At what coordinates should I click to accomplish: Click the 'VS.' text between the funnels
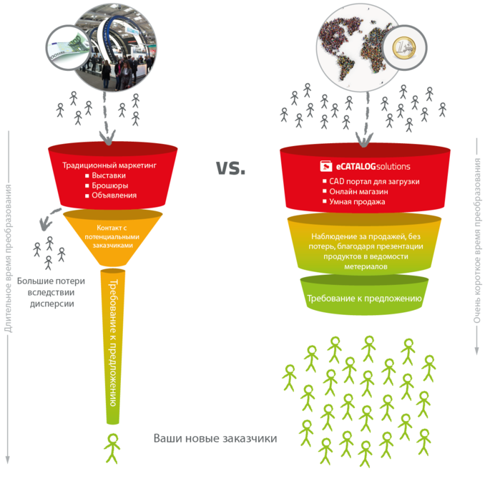(x=230, y=168)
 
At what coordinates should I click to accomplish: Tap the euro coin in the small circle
(x=404, y=47)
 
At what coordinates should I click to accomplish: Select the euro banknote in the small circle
(x=67, y=47)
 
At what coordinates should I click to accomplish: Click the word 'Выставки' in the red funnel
(x=109, y=175)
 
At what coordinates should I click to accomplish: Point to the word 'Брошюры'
(x=110, y=185)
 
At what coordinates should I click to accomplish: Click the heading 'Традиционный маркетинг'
(x=109, y=165)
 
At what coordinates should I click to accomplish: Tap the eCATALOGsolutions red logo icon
(x=325, y=166)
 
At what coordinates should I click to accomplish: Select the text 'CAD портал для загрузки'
(x=374, y=181)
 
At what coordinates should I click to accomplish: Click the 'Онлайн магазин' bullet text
(x=358, y=192)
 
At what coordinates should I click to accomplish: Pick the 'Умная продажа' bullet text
(x=357, y=202)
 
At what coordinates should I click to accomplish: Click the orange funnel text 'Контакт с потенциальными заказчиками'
(x=112, y=236)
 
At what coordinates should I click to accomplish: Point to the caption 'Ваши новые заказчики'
(x=215, y=438)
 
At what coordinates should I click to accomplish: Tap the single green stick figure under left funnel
(x=112, y=448)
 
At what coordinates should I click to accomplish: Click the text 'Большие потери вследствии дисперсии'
(x=51, y=292)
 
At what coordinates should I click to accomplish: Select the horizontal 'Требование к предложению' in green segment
(x=364, y=298)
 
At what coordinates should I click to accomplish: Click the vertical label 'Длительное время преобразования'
(x=8, y=258)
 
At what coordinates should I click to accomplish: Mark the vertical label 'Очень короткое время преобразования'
(x=477, y=241)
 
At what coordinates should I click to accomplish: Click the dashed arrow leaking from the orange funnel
(x=49, y=218)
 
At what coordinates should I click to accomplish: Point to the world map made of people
(x=353, y=47)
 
